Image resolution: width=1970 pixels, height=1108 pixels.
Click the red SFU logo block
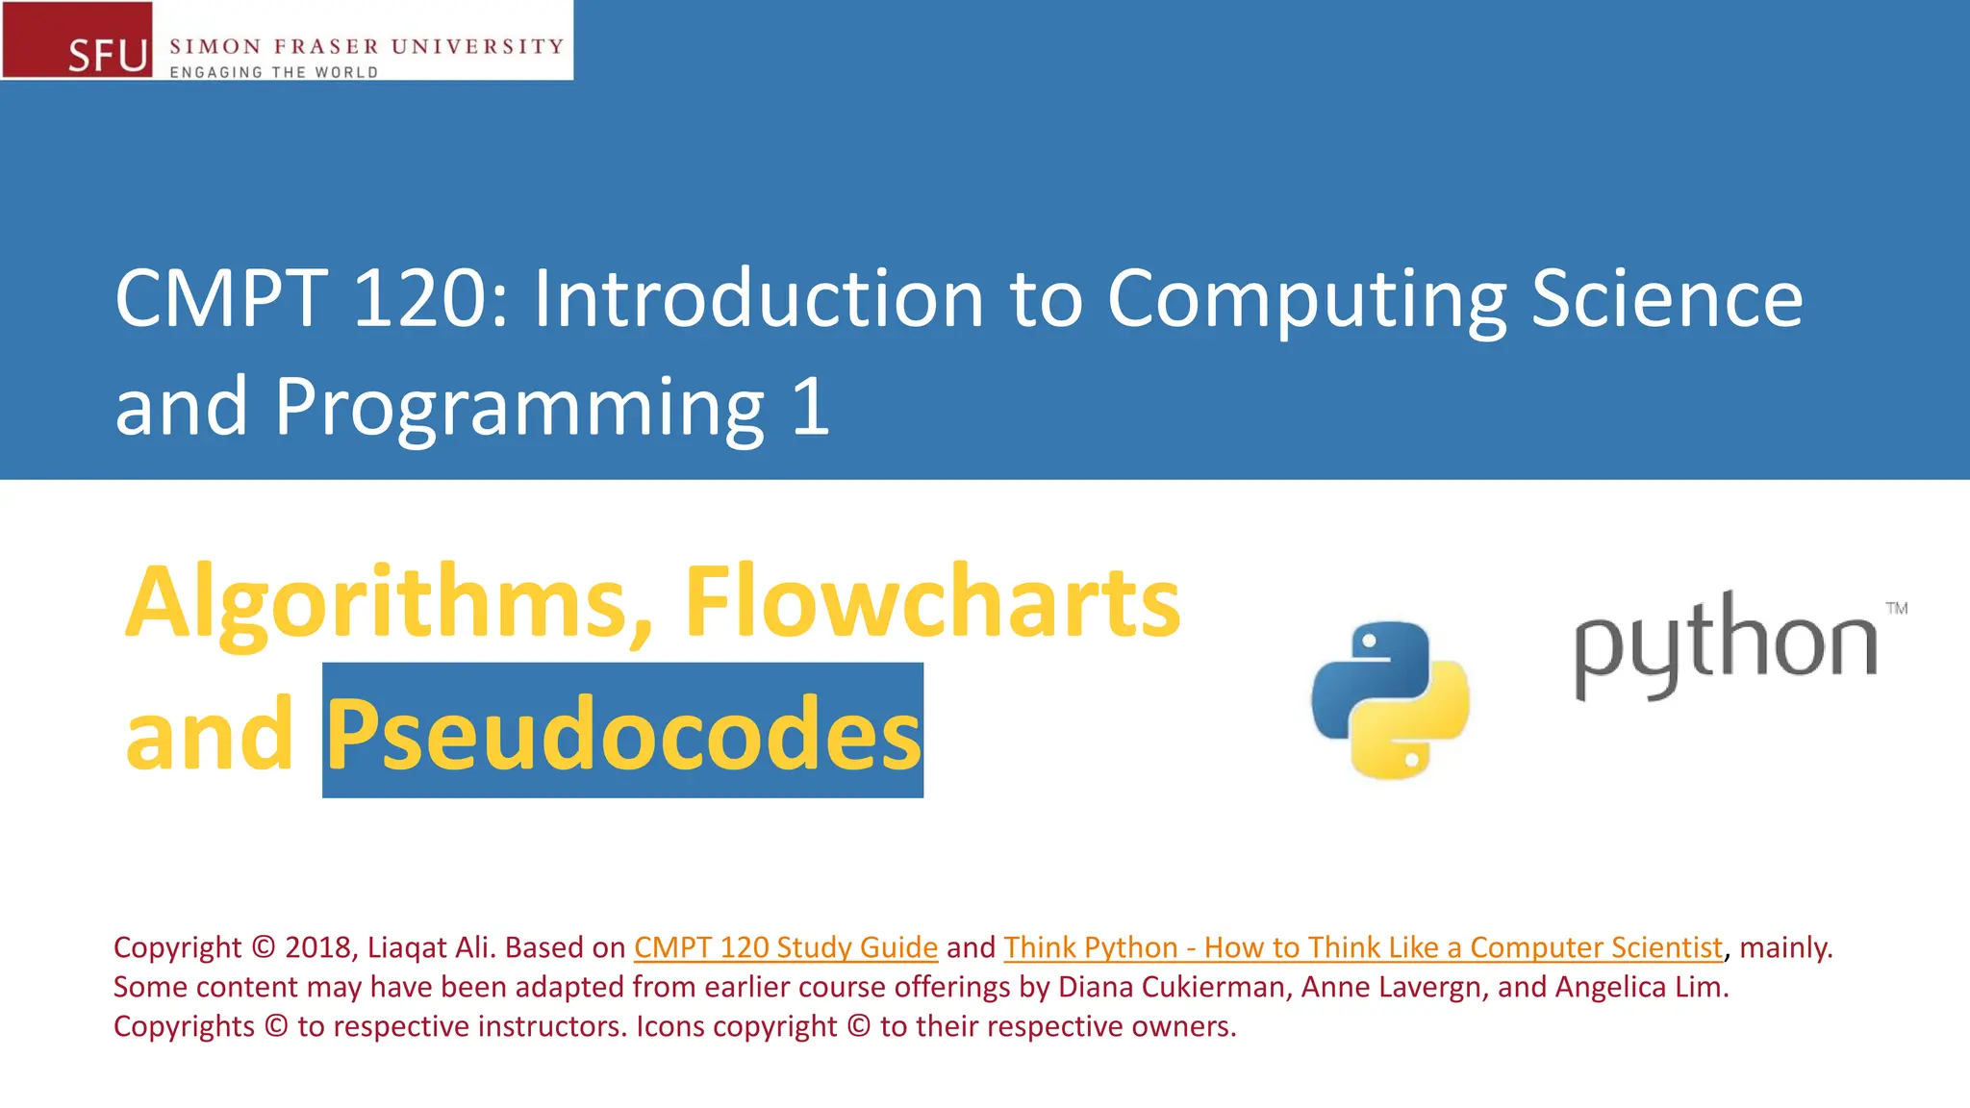77,39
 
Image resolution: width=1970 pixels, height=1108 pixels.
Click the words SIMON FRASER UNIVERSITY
366,46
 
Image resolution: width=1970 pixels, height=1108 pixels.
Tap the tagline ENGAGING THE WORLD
274,72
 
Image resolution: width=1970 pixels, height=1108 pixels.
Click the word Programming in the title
519,408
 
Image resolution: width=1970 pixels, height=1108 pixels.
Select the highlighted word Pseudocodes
623,733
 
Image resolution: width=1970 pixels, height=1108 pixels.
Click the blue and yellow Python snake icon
1390,699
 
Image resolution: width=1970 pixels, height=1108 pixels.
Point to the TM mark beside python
1896,608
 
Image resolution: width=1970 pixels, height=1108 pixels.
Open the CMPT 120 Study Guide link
785,947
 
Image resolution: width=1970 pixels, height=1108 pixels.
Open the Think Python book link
1362,947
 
